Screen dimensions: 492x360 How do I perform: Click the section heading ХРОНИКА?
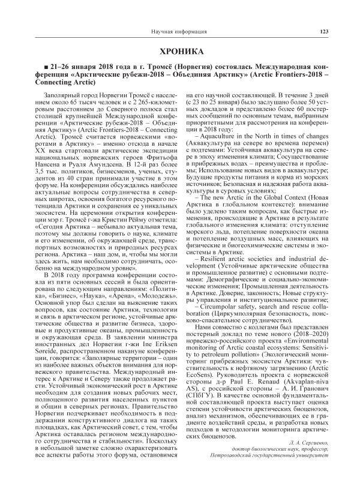(x=179, y=52)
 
